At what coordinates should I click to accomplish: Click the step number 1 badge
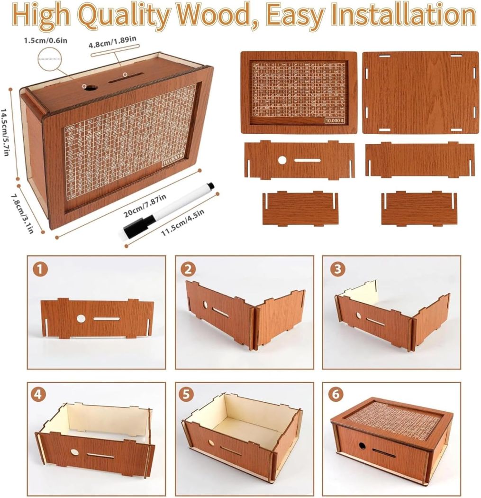[x=41, y=269]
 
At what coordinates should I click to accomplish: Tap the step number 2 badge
[x=189, y=269]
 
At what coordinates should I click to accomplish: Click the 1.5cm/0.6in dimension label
[x=46, y=40]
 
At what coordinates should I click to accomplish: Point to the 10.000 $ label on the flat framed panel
[x=336, y=120]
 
